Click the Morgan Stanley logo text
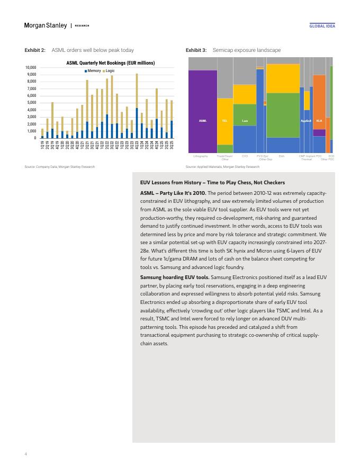(46, 25)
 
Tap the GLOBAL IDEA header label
(322, 26)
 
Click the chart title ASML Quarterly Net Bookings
(111, 63)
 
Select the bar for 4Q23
(137, 106)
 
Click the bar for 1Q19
(42, 133)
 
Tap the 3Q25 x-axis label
(172, 146)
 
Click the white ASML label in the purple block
(202, 121)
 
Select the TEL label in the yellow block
(224, 121)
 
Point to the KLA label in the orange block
(319, 121)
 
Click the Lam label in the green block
(245, 121)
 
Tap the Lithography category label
(201, 156)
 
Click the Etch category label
(282, 156)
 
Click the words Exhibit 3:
(196, 50)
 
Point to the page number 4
(26, 453)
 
